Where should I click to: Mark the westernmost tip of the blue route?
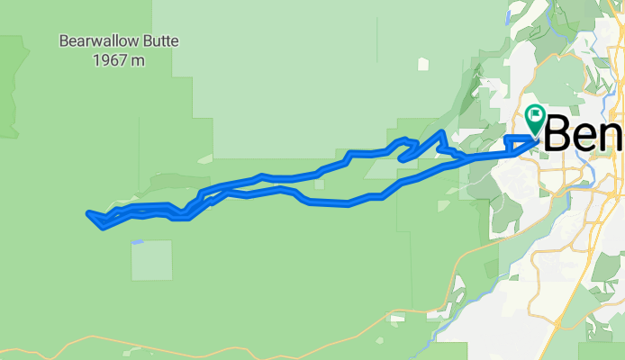tap(88, 213)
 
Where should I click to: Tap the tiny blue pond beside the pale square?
tap(136, 241)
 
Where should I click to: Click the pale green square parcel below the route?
tap(151, 260)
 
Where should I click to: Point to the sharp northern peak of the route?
tap(441, 133)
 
